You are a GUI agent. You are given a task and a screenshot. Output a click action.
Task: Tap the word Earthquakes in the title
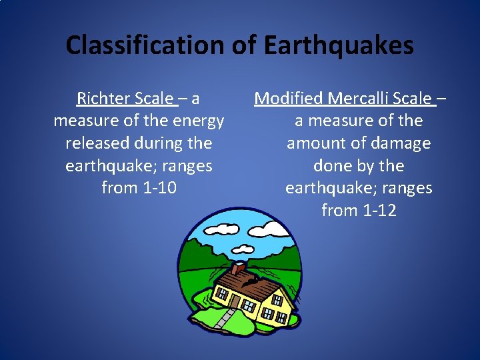pyautogui.click(x=339, y=45)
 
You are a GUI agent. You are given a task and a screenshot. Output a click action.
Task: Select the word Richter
pyautogui.click(x=104, y=99)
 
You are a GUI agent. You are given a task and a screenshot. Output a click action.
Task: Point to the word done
pyautogui.click(x=332, y=166)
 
